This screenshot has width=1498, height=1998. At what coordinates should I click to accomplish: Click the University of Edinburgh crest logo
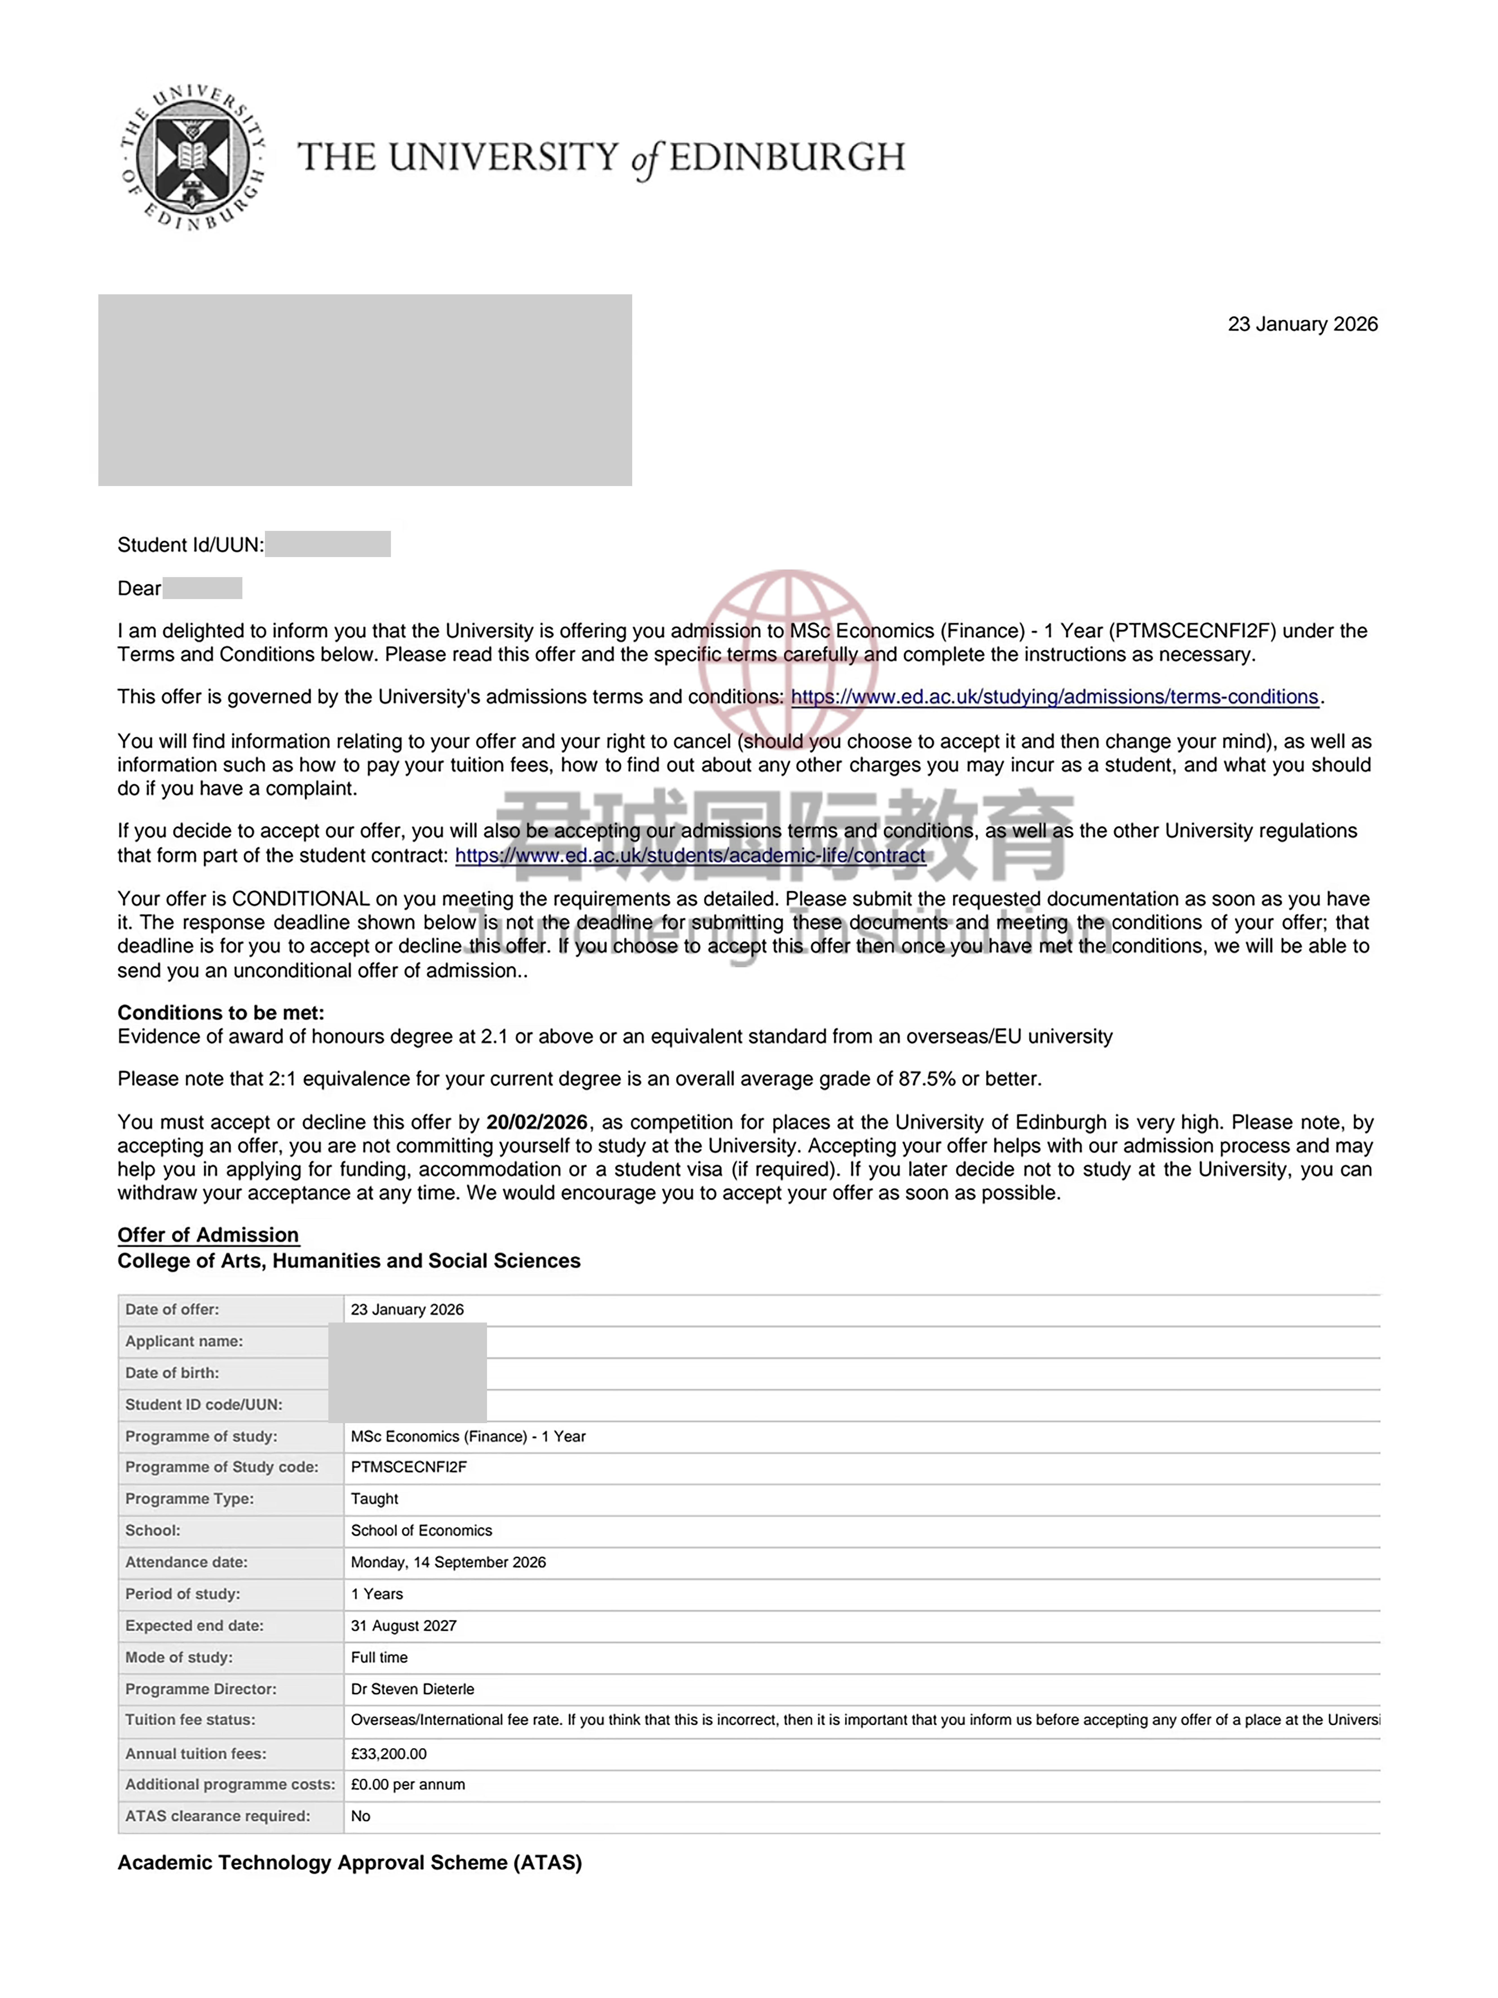point(193,157)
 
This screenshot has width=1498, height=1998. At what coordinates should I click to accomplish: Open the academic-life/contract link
point(690,855)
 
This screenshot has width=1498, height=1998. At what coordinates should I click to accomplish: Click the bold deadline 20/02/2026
point(536,1122)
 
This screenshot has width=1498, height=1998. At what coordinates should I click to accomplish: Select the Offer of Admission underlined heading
point(208,1235)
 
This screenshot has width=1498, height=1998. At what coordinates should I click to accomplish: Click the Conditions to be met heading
point(220,1013)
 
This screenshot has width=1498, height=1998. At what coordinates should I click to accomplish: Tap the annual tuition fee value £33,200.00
point(388,1753)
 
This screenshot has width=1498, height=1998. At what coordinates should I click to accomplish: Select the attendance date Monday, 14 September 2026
point(448,1562)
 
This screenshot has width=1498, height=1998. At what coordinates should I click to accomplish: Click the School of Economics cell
point(421,1530)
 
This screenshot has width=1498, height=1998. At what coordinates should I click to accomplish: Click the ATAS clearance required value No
point(360,1816)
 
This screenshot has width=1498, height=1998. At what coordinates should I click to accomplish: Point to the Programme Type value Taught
point(374,1498)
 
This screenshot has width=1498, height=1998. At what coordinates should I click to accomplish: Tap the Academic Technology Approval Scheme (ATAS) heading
point(349,1862)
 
